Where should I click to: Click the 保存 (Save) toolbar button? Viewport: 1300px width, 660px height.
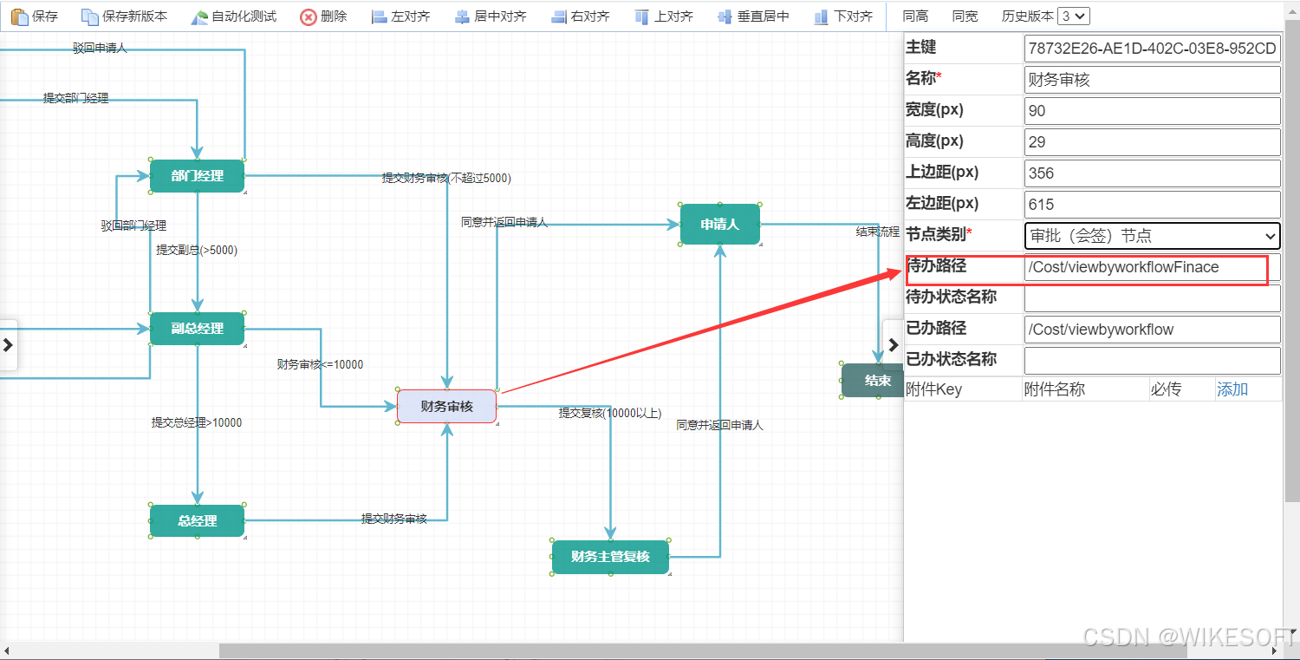(x=35, y=16)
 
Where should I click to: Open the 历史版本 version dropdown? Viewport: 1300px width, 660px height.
(x=1075, y=16)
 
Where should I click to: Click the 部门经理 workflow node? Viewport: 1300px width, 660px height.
(x=197, y=176)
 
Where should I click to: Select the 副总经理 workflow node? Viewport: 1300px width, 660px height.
(x=197, y=329)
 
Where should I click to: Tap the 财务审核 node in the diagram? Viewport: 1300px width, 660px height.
(x=446, y=406)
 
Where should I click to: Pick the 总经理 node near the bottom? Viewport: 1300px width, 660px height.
(x=197, y=521)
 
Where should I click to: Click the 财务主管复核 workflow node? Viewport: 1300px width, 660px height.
(x=610, y=557)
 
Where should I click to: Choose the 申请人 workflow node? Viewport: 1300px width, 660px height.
(x=719, y=225)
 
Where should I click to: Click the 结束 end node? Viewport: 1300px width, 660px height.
(x=875, y=381)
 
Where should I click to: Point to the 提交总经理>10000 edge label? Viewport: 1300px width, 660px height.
(x=197, y=423)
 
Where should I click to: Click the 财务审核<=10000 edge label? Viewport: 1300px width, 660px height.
(x=320, y=365)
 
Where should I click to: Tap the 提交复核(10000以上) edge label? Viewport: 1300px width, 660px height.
(x=610, y=413)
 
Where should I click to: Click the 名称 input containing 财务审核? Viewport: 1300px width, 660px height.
(x=1152, y=80)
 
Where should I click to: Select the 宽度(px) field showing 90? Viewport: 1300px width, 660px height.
(x=1152, y=111)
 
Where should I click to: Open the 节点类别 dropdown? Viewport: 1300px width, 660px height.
(x=1152, y=236)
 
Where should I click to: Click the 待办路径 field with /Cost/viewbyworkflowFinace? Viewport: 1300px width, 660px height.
(x=1152, y=267)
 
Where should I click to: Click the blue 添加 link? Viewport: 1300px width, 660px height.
(x=1232, y=389)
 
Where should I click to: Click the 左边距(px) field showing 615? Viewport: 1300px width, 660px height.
(x=1152, y=205)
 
